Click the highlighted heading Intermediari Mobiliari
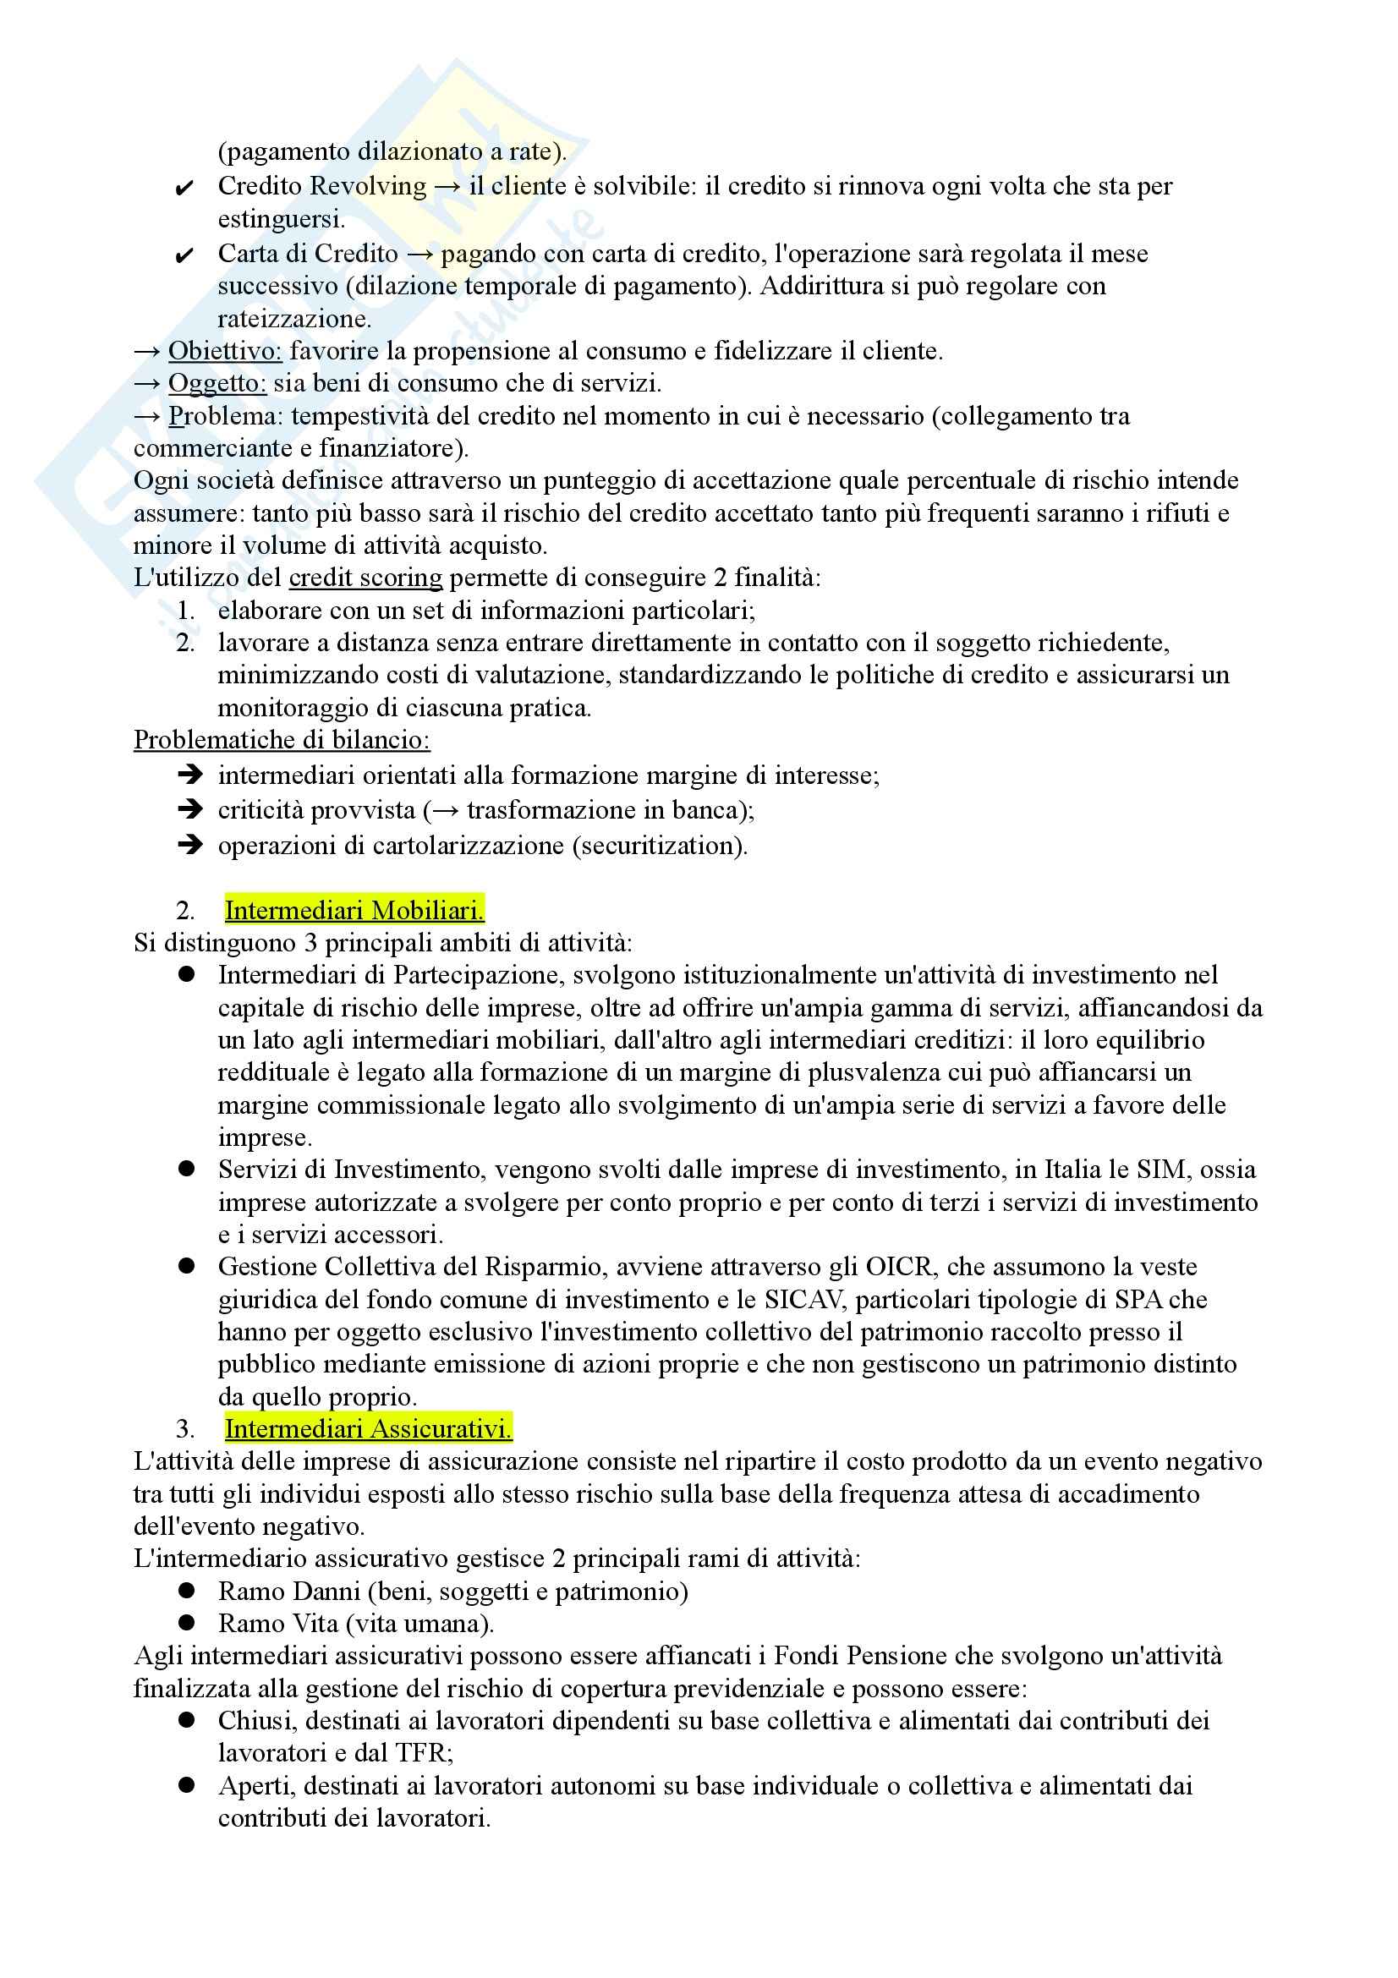[354, 910]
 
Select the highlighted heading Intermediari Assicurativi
[368, 1429]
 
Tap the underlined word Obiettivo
[225, 351]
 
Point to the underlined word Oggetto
[217, 383]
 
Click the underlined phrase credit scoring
[365, 578]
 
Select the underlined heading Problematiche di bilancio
[282, 740]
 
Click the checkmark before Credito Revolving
[184, 188]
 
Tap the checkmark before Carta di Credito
[184, 255]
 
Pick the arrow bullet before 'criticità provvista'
[189, 810]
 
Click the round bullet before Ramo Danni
[187, 1592]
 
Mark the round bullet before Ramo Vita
[187, 1623]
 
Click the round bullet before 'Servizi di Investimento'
[187, 1169]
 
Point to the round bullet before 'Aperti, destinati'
[187, 1785]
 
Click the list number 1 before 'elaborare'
[185, 611]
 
